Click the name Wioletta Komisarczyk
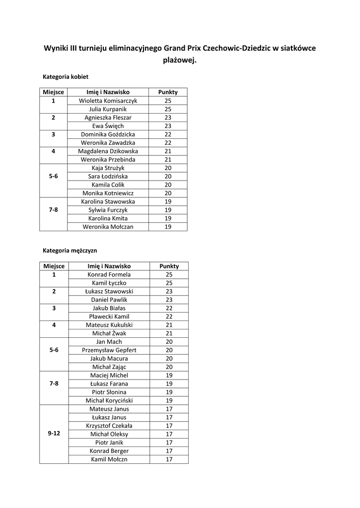108,101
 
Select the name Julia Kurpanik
108,109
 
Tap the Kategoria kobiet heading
66,77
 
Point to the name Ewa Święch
108,126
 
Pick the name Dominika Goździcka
108,134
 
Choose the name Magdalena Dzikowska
108,151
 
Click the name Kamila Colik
108,185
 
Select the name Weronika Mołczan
108,227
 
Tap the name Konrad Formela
109,274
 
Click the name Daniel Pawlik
109,300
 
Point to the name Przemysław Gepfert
109,350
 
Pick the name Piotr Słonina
109,392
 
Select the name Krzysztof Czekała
109,426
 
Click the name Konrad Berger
109,451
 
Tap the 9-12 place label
54,434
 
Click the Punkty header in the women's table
168,92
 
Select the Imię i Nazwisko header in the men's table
109,266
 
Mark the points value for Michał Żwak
169,333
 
